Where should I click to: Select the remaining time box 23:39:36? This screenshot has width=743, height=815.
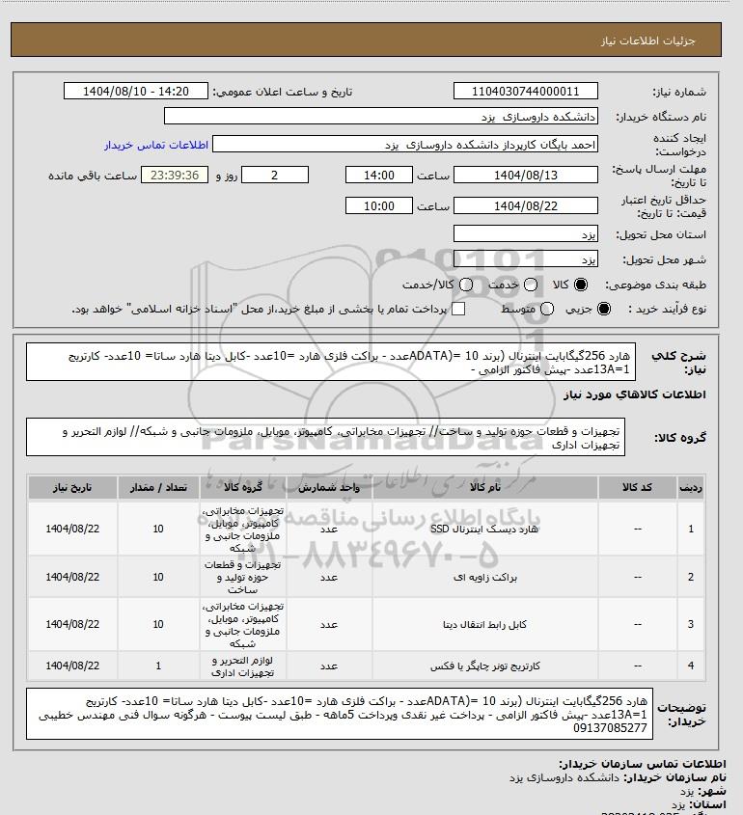point(175,176)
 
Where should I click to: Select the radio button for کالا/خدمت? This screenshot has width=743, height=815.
point(466,285)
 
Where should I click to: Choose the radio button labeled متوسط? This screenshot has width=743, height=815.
point(547,309)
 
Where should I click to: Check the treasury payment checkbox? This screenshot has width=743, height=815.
point(458,309)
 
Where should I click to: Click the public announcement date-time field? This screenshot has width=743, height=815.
point(136,92)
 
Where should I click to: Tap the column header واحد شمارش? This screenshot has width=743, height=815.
point(328,489)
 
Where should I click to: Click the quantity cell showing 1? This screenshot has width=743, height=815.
point(158,666)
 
